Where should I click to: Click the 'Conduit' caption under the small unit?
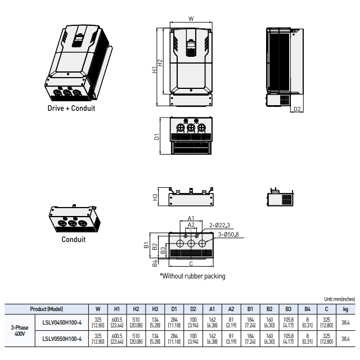pyautogui.click(x=73, y=239)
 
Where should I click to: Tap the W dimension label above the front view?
pyautogui.click(x=191, y=19)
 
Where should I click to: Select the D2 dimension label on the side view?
pyautogui.click(x=298, y=109)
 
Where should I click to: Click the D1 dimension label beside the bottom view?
pyautogui.click(x=157, y=136)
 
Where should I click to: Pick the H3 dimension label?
pyautogui.click(x=156, y=197)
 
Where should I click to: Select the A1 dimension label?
pyautogui.click(x=191, y=218)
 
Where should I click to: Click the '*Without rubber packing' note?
pyautogui.click(x=192, y=276)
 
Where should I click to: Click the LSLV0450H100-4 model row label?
pyautogui.click(x=62, y=322)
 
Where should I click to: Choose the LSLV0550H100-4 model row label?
pyautogui.click(x=62, y=339)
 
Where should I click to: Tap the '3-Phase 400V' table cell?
pyautogui.click(x=20, y=330)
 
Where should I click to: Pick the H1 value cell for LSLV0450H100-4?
pyautogui.click(x=118, y=322)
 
